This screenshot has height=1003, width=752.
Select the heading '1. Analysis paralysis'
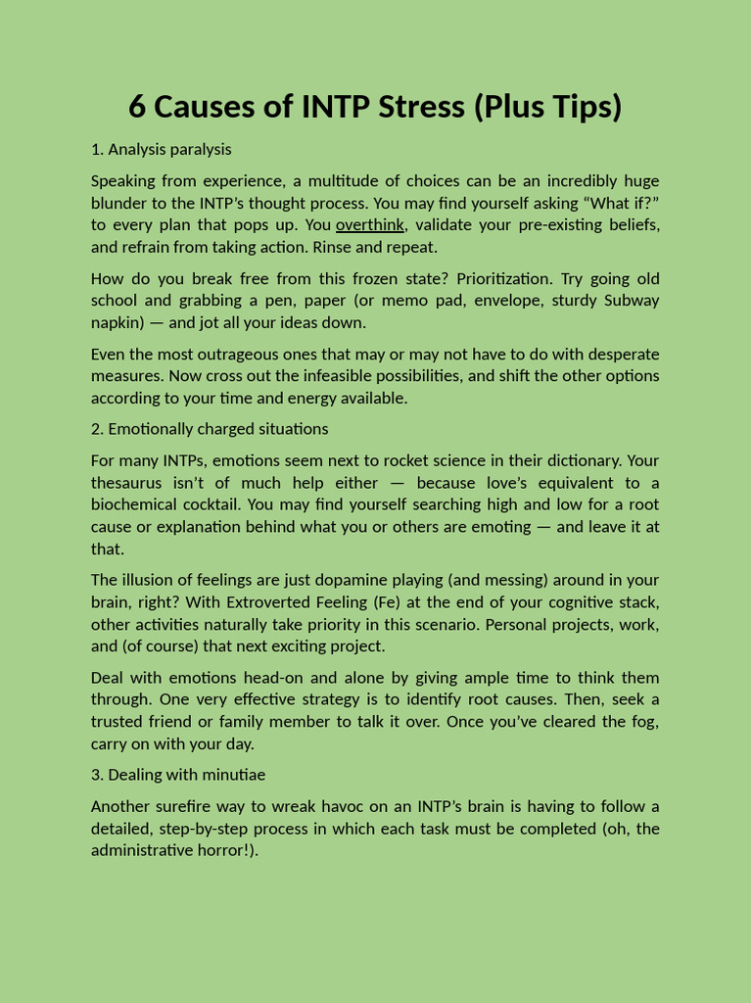point(161,150)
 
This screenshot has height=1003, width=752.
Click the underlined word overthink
point(369,225)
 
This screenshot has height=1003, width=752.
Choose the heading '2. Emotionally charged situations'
point(210,429)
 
